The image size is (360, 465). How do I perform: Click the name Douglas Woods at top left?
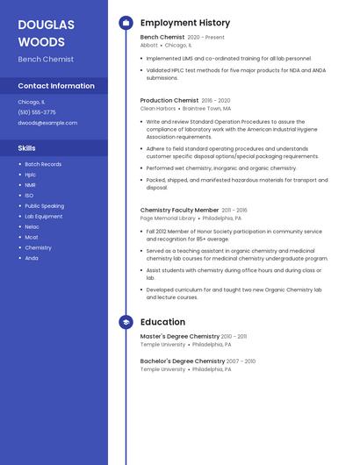click(46, 33)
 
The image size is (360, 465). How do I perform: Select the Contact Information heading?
click(56, 86)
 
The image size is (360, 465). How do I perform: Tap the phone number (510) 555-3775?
click(37, 112)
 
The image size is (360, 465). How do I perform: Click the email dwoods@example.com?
click(47, 123)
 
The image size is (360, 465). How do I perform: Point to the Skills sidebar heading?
click(27, 148)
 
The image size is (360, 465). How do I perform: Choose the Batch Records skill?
click(43, 164)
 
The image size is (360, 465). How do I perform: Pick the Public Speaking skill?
click(44, 206)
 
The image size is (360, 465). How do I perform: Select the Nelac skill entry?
click(32, 226)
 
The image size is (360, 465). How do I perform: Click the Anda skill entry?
click(32, 258)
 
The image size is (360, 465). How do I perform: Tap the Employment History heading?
click(185, 23)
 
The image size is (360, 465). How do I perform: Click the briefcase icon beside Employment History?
click(126, 23)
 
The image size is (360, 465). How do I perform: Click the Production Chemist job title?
click(169, 101)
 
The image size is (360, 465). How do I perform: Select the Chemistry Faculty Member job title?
click(179, 211)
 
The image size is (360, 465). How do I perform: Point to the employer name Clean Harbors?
click(158, 109)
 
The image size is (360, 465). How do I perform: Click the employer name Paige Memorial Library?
click(168, 218)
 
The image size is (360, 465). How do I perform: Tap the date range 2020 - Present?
click(206, 38)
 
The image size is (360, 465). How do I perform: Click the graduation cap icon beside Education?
click(126, 322)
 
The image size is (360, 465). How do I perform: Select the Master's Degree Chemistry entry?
click(180, 336)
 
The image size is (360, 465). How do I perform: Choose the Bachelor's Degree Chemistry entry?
click(183, 361)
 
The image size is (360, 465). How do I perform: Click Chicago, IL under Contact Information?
click(32, 102)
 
